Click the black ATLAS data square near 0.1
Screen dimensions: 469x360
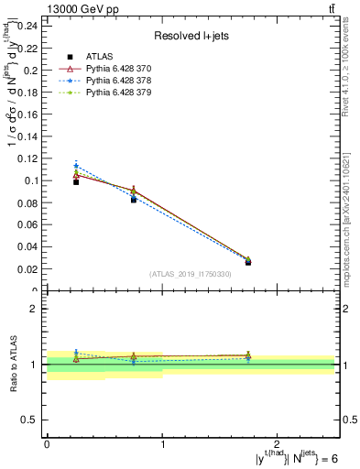click(76, 182)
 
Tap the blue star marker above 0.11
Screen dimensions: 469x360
click(76, 166)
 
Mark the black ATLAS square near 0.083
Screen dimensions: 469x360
click(134, 199)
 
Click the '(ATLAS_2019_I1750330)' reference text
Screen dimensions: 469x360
click(191, 274)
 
